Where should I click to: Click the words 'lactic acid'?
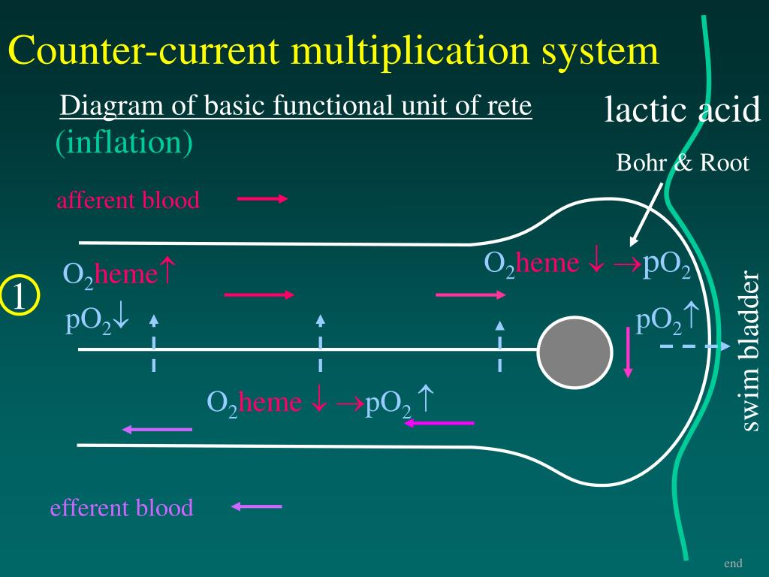[x=683, y=110]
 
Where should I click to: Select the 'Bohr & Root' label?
[x=682, y=163]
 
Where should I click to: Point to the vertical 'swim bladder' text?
[x=750, y=352]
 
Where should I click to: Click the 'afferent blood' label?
[x=128, y=201]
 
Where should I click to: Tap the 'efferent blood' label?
[x=122, y=508]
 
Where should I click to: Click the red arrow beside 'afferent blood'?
[x=262, y=199]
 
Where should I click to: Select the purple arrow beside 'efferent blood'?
[x=257, y=507]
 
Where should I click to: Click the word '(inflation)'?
[x=124, y=143]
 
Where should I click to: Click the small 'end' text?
[x=733, y=563]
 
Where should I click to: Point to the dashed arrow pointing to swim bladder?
[x=695, y=346]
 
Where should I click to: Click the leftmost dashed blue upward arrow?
[x=153, y=343]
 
